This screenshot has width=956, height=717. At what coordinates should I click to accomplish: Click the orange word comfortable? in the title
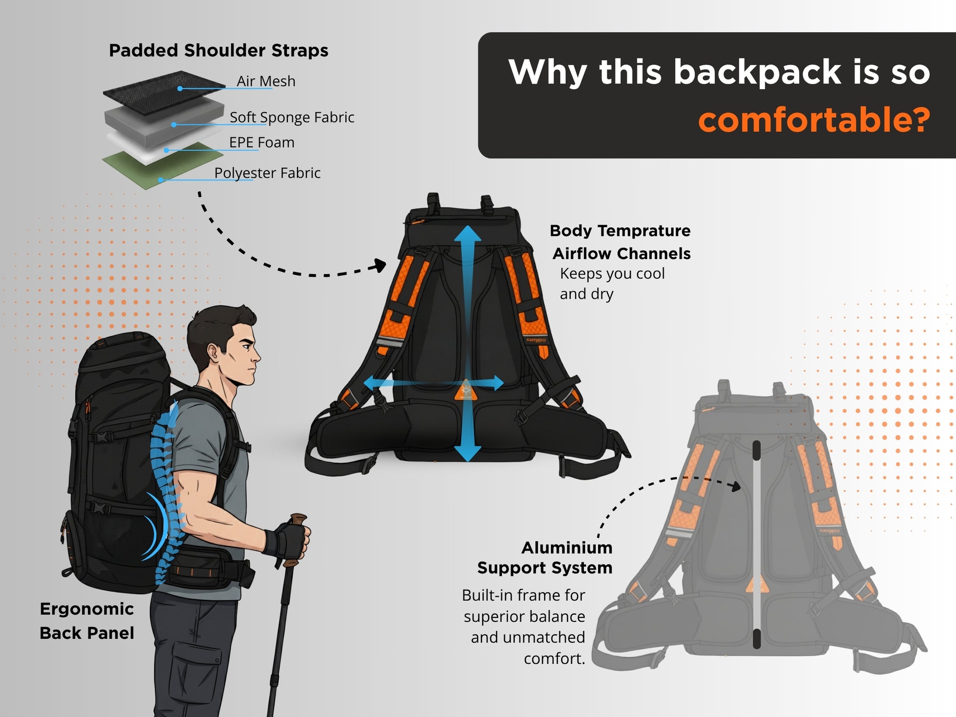(814, 120)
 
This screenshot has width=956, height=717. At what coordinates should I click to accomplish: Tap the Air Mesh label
(266, 81)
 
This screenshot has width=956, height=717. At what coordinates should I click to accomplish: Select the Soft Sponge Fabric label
(292, 117)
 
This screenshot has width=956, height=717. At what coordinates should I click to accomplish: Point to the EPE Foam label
(261, 142)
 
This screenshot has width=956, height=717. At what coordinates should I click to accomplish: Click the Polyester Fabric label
(267, 173)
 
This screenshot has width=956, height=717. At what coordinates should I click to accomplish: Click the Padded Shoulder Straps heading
(218, 50)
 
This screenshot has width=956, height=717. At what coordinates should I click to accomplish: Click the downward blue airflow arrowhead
(467, 453)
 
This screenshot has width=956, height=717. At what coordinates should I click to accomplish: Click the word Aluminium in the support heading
(567, 547)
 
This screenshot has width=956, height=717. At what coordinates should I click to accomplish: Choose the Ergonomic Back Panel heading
(87, 621)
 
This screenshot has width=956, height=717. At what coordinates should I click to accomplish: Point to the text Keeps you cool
(612, 274)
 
